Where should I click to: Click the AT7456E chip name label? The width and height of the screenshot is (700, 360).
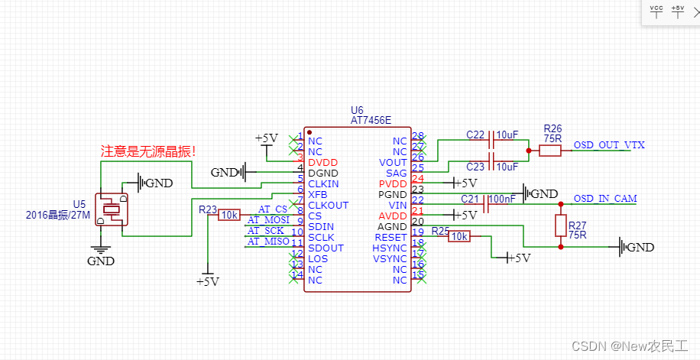[371, 120]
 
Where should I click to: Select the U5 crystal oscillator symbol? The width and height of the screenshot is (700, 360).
[112, 209]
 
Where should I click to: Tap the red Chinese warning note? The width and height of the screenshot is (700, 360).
[148, 151]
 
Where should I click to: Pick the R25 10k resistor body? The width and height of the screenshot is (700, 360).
[459, 237]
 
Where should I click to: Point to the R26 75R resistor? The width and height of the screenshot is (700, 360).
[550, 151]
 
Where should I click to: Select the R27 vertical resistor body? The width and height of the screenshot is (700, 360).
[560, 225]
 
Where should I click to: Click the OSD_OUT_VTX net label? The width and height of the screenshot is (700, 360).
[609, 145]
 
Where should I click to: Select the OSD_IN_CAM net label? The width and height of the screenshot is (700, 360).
[604, 199]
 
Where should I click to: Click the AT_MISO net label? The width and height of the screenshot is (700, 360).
[268, 242]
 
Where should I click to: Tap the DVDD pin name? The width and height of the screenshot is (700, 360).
[322, 163]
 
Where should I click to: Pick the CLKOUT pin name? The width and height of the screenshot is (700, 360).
[328, 205]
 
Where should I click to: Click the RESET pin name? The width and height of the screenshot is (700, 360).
[391, 238]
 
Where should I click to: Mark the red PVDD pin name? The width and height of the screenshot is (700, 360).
[393, 184]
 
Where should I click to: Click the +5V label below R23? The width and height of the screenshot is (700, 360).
[207, 282]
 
